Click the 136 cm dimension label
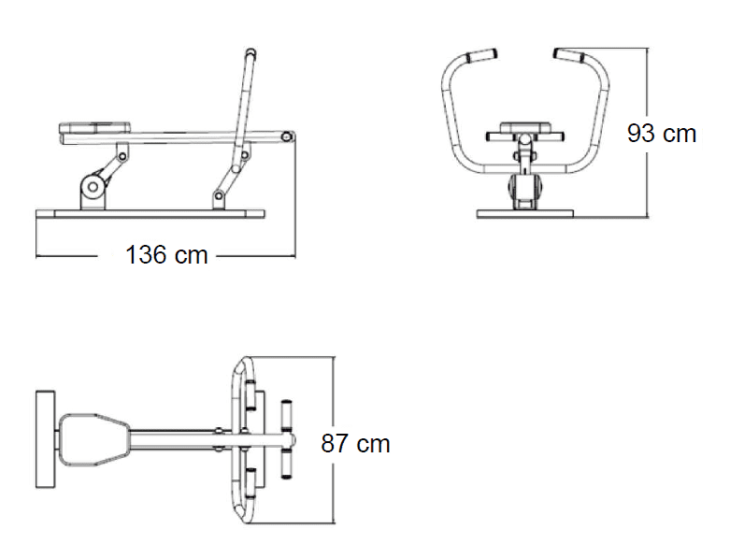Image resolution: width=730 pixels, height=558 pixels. click(166, 255)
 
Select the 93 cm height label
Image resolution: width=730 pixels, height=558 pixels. click(661, 134)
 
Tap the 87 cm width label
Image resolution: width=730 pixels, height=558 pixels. click(355, 444)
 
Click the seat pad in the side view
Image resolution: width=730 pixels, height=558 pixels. click(95, 127)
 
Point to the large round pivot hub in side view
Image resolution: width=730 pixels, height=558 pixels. click(93, 187)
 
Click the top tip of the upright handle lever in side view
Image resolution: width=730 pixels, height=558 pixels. click(250, 52)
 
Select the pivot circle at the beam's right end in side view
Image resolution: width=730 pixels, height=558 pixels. click(287, 136)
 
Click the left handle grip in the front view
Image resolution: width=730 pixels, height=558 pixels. click(481, 55)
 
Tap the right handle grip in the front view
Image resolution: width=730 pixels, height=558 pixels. click(569, 55)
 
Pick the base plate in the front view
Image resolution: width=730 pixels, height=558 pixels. click(525, 214)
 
